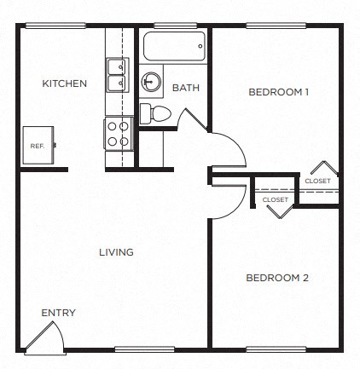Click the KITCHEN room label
pyautogui.click(x=65, y=84)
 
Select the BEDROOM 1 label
pyautogui.click(x=278, y=91)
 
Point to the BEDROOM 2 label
pyautogui.click(x=276, y=278)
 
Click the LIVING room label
pyautogui.click(x=116, y=252)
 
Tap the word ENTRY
pyautogui.click(x=59, y=313)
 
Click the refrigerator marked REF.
pyautogui.click(x=38, y=146)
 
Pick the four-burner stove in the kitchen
pyautogui.click(x=116, y=133)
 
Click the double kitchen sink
pyautogui.click(x=116, y=75)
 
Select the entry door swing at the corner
pyautogui.click(x=44, y=337)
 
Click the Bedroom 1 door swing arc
pyautogui.click(x=226, y=148)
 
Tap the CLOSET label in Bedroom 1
pyautogui.click(x=317, y=181)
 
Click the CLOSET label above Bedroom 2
pyautogui.click(x=275, y=199)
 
